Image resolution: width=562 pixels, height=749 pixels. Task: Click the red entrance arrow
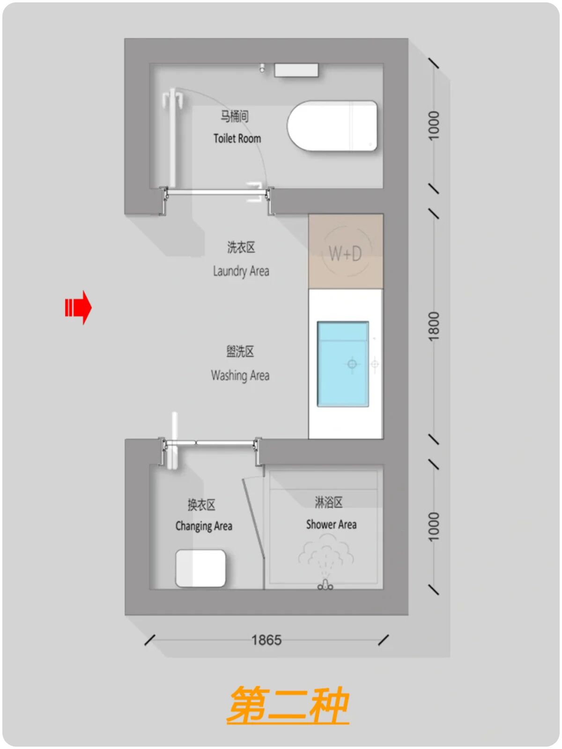(x=78, y=308)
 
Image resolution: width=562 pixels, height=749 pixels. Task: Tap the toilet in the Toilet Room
(x=332, y=125)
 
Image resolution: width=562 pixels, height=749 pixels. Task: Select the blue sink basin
(x=343, y=364)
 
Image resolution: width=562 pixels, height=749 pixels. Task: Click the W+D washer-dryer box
(x=346, y=251)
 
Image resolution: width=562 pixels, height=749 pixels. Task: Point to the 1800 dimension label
(x=434, y=326)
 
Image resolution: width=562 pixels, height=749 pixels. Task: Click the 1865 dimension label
(x=266, y=640)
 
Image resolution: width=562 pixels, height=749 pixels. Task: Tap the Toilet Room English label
(x=237, y=139)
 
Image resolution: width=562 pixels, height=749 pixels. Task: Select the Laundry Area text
(x=241, y=271)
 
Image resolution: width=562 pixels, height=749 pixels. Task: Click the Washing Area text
(x=240, y=375)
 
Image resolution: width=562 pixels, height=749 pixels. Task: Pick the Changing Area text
(x=204, y=526)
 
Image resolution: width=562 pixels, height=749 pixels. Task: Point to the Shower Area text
(x=331, y=524)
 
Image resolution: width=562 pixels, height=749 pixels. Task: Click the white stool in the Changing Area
(x=200, y=568)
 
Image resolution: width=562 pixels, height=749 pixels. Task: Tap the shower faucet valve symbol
(x=325, y=585)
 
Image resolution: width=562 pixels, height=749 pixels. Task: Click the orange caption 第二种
(x=288, y=705)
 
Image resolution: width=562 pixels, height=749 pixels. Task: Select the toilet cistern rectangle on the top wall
(x=296, y=70)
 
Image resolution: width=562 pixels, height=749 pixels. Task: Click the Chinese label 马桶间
(x=234, y=117)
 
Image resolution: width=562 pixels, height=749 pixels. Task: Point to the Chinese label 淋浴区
(x=328, y=502)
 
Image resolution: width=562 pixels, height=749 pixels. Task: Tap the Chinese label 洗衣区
(x=241, y=247)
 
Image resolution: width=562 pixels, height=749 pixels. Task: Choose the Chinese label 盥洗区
(x=240, y=351)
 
